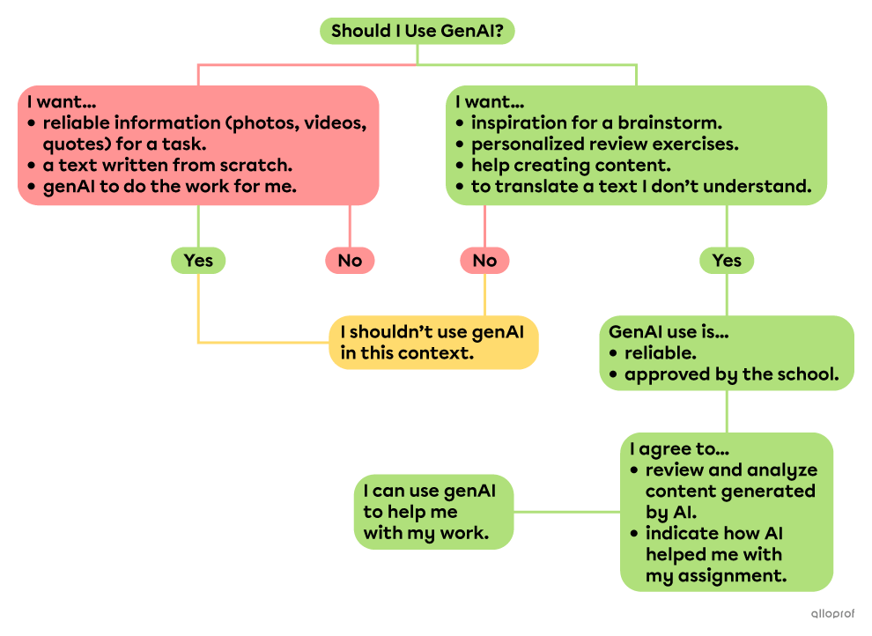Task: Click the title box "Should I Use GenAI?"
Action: (417, 32)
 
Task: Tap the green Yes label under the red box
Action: (198, 261)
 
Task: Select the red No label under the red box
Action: (350, 261)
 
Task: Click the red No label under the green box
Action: (484, 261)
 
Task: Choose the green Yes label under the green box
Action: (727, 261)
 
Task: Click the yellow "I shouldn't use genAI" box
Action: (433, 343)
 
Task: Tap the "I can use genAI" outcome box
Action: (435, 512)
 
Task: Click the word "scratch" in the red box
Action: (257, 165)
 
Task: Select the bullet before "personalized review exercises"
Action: (459, 144)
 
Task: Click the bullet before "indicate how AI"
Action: (634, 534)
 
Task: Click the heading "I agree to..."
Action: (673, 449)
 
